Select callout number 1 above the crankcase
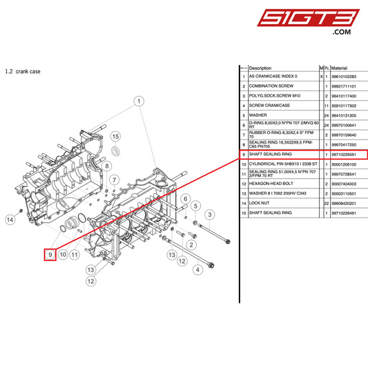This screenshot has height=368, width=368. tap(139, 101)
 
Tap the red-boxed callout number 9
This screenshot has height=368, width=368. tap(50, 255)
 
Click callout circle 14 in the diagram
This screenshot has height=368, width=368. tap(10, 220)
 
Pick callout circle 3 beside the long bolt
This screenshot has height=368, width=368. tap(209, 215)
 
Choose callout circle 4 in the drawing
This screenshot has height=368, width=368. tap(198, 270)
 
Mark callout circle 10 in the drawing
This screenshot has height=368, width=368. tap(63, 255)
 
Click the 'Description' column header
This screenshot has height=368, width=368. tap(260, 68)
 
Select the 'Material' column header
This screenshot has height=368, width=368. tap(339, 68)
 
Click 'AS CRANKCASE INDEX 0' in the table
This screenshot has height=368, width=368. tap(274, 77)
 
